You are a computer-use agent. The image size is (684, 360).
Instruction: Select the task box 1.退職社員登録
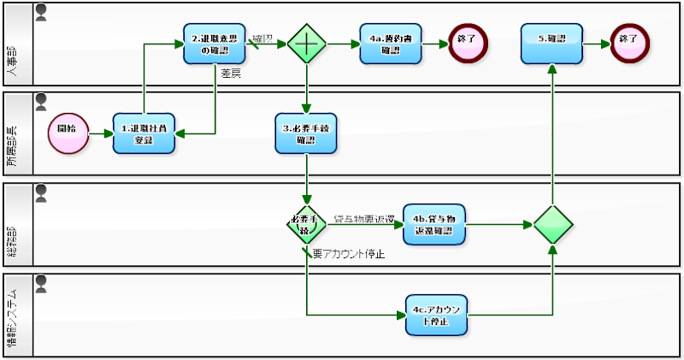[x=144, y=134]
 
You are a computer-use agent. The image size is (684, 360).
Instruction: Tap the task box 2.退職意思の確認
[x=215, y=44]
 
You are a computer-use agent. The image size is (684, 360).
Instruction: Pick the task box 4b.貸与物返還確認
[x=434, y=225]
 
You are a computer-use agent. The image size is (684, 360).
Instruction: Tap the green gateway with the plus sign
[x=306, y=44]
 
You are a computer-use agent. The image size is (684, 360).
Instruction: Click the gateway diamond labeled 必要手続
[x=306, y=225]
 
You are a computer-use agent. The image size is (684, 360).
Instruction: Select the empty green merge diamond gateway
[x=552, y=225]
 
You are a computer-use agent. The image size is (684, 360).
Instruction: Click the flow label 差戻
[x=230, y=75]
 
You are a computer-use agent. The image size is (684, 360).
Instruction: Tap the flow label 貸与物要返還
[x=363, y=217]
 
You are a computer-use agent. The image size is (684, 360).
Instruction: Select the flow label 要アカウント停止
[x=349, y=254]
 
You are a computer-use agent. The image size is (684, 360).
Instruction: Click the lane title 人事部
[x=17, y=44]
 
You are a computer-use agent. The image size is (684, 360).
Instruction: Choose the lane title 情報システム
[x=17, y=316]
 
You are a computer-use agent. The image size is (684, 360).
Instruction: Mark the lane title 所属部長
[x=17, y=134]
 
